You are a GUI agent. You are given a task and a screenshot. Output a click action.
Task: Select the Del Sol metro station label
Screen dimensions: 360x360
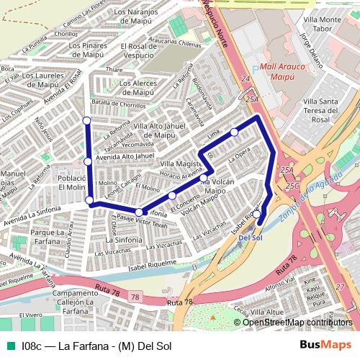pos(249,238)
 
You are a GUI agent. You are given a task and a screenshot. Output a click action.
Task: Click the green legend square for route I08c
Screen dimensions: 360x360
pos(9,346)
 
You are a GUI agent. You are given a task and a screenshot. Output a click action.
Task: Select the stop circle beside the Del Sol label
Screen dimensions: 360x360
pos(257,215)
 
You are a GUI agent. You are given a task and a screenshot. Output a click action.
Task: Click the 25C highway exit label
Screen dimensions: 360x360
pos(292,186)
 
